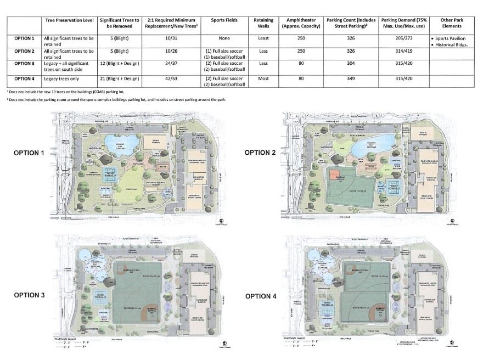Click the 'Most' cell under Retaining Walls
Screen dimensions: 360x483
263,78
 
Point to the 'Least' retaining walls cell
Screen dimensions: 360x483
263,39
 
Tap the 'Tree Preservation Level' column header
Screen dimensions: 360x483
69,20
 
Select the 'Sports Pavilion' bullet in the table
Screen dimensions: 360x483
450,39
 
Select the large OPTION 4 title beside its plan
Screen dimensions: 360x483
263,296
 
